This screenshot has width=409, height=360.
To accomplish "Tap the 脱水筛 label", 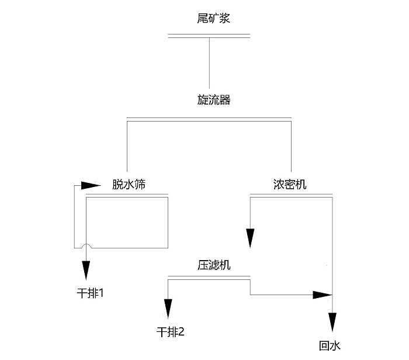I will point(129,185).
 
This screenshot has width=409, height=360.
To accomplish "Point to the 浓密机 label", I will point(290,185).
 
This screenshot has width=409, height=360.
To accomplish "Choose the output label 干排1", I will point(91,291).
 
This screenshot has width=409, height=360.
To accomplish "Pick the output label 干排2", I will point(171,332).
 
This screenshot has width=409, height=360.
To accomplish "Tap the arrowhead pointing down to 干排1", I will point(86,270).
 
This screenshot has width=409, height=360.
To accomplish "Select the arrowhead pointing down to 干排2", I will point(168,307).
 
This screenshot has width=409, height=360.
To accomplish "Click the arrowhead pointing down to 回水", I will point(332,321).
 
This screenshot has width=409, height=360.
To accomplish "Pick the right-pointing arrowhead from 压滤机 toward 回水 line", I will point(320,295).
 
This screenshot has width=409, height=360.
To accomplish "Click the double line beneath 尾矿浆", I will point(209,36).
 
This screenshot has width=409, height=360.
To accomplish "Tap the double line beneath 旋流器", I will point(209,119).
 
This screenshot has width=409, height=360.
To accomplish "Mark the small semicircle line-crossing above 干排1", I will point(86,246).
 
